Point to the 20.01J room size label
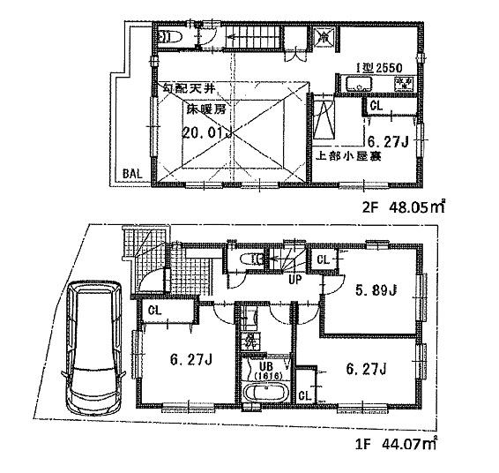tap(207, 133)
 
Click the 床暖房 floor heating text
tap(205, 112)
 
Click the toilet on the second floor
tap(171, 37)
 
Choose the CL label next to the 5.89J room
tap(323, 260)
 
